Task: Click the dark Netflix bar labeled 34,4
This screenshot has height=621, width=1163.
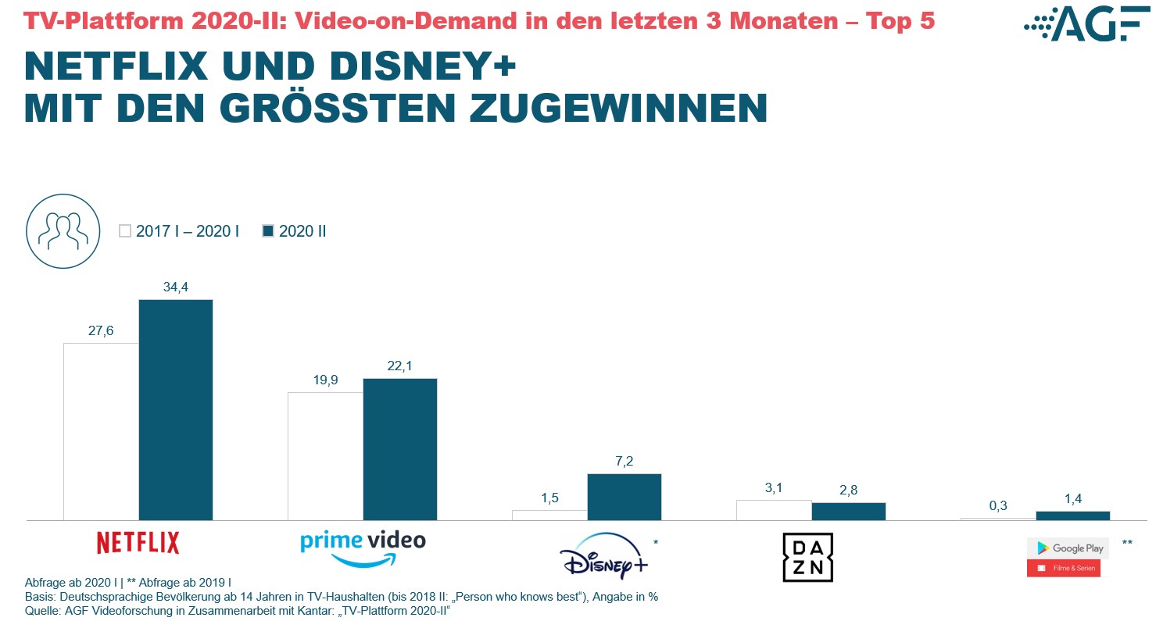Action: click(x=176, y=409)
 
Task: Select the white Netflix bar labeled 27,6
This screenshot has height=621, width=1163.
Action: click(x=101, y=431)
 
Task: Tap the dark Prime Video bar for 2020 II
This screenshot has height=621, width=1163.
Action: click(x=400, y=449)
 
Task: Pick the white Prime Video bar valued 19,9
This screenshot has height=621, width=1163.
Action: click(x=325, y=455)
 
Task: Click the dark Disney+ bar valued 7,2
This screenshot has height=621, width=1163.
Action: click(x=624, y=497)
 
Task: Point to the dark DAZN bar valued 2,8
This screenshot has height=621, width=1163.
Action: click(x=849, y=511)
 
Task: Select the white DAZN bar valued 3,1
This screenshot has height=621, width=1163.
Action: click(x=774, y=509)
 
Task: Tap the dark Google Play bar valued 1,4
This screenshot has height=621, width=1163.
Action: click(x=1073, y=516)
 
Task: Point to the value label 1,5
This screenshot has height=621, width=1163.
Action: click(x=549, y=498)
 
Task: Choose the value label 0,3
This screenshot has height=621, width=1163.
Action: click(x=998, y=505)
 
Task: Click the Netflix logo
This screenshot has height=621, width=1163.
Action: click(x=138, y=542)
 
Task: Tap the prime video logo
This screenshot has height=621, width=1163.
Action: click(x=363, y=548)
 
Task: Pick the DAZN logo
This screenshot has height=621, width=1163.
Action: click(x=808, y=557)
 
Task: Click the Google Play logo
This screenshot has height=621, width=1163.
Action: click(x=1064, y=557)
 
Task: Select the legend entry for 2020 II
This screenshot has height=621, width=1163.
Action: click(x=295, y=231)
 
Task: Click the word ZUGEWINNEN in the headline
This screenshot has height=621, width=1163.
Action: click(x=618, y=109)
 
